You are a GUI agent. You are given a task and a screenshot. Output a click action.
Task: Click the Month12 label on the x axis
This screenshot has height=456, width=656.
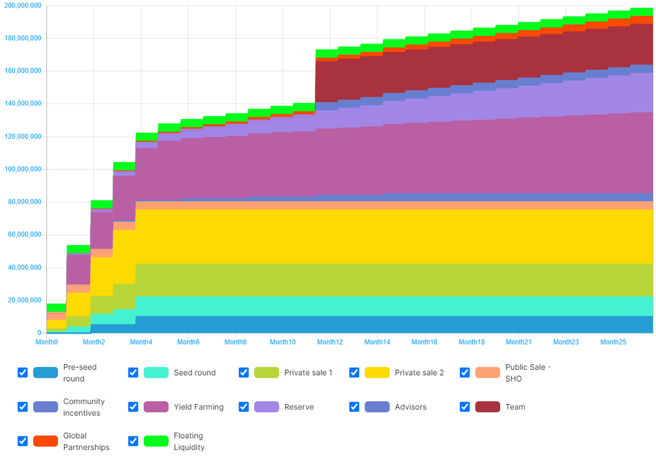[x=330, y=342]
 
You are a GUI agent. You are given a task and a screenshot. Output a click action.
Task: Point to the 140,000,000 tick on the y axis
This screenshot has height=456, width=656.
[x=22, y=104]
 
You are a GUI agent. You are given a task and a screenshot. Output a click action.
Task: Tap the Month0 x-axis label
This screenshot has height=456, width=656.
[x=46, y=342]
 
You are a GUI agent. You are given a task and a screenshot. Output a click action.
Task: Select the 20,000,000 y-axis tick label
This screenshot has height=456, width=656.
[x=25, y=300]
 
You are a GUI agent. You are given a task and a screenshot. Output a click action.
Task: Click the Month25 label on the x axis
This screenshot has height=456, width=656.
[x=613, y=342]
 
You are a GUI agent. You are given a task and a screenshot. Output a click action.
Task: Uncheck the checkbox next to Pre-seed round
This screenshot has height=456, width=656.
[x=22, y=372]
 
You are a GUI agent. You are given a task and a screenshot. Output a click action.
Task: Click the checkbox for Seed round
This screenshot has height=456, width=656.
[x=133, y=372]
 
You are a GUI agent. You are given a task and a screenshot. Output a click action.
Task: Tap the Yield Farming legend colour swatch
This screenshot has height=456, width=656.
[x=156, y=407]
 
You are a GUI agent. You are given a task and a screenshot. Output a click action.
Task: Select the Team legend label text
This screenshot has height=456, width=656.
[x=514, y=407]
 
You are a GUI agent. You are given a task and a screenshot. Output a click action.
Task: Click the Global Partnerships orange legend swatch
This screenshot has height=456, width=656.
[x=45, y=441]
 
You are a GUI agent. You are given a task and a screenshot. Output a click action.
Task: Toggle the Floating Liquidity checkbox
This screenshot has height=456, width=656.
[x=133, y=441]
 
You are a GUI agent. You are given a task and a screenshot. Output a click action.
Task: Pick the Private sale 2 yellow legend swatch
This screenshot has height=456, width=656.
[x=377, y=372]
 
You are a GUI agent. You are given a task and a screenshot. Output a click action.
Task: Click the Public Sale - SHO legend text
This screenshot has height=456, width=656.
[x=528, y=372]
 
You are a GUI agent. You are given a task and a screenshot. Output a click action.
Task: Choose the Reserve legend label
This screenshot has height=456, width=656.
[x=299, y=407]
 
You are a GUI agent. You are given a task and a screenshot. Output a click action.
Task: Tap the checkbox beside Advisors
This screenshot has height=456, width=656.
[x=354, y=407]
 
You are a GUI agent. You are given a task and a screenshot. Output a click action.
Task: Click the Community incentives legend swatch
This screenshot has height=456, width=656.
[x=45, y=407]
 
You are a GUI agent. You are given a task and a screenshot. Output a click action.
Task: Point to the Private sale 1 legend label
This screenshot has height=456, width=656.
[x=308, y=372]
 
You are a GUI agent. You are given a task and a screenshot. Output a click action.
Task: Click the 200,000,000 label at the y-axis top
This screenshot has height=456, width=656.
[x=22, y=5]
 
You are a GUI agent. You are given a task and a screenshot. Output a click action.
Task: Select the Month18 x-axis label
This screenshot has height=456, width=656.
[x=471, y=342]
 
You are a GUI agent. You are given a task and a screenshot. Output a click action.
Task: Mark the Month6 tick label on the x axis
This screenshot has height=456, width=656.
[x=188, y=342]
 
